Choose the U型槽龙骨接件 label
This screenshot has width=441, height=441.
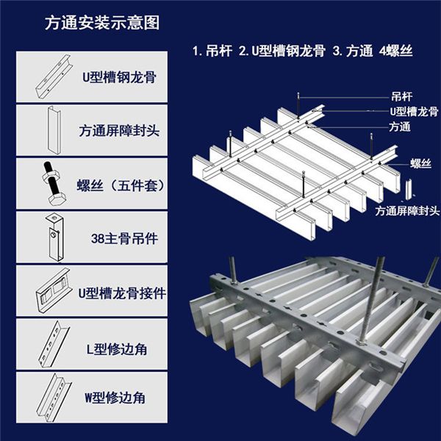coord(122,292)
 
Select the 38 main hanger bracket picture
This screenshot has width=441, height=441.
coord(53,237)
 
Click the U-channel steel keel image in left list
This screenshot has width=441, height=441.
coord(49,76)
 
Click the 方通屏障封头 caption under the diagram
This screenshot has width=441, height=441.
coord(406,210)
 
